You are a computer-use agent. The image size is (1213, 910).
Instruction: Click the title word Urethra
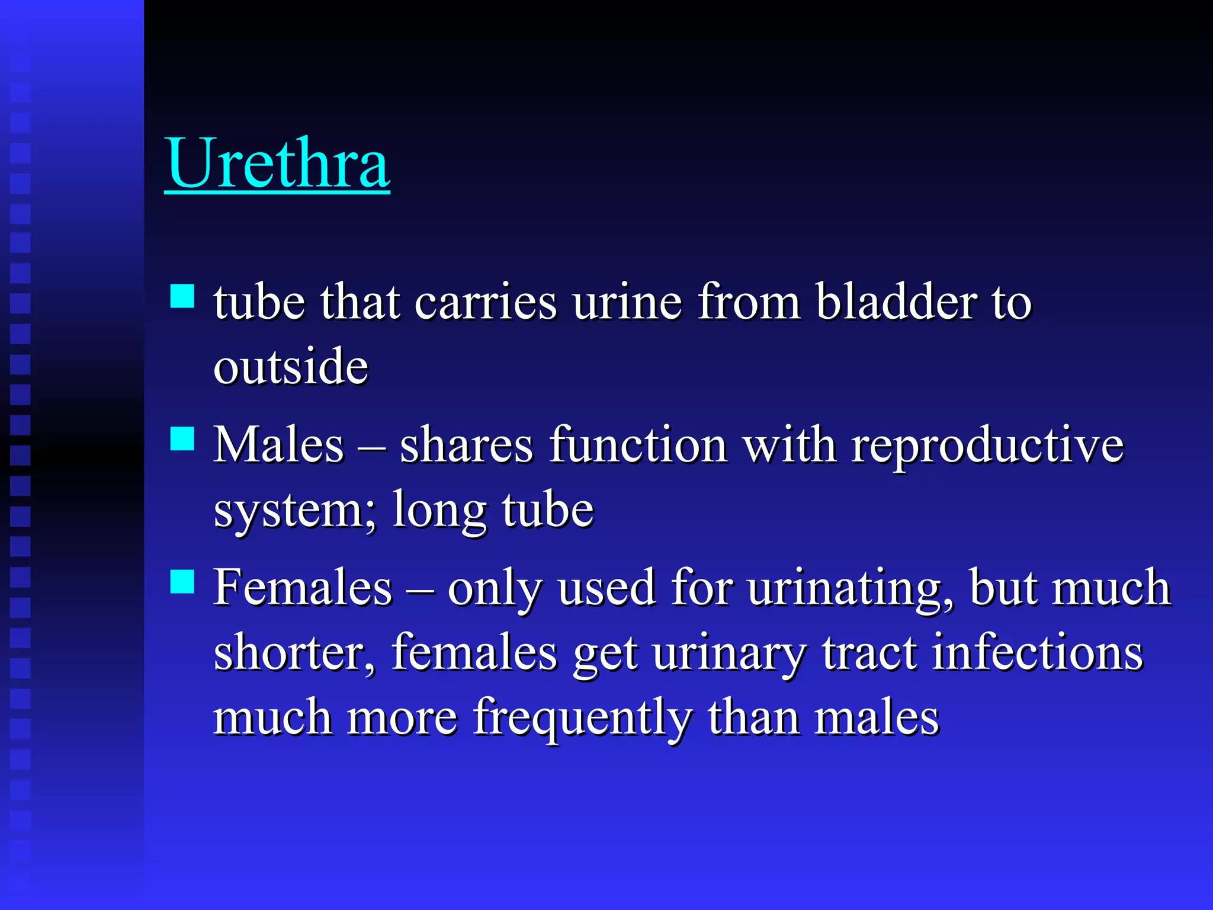277,164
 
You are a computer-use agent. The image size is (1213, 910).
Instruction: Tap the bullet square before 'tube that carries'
182,296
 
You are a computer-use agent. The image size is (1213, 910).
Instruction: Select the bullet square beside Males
182,439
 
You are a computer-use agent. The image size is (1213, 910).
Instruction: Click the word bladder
896,302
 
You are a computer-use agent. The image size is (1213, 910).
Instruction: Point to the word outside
291,367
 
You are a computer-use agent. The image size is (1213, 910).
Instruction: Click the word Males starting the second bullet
278,445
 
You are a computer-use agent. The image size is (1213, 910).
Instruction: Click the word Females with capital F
303,588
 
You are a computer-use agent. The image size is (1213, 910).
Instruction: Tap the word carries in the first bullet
486,302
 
